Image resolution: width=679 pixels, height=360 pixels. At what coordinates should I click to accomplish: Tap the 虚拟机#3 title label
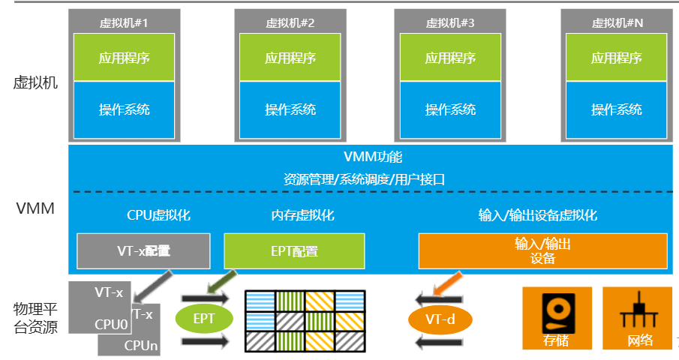click(450, 22)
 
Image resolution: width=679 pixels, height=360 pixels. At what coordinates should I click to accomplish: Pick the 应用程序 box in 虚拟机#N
click(617, 58)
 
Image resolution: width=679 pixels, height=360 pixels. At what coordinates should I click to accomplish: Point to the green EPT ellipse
click(204, 319)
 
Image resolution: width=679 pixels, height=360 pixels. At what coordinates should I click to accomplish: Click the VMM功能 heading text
click(373, 157)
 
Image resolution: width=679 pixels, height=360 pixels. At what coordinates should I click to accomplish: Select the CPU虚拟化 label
click(158, 216)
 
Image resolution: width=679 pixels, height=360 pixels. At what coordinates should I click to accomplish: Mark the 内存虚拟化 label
click(302, 216)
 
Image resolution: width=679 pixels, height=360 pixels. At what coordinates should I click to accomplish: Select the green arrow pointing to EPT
click(221, 282)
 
